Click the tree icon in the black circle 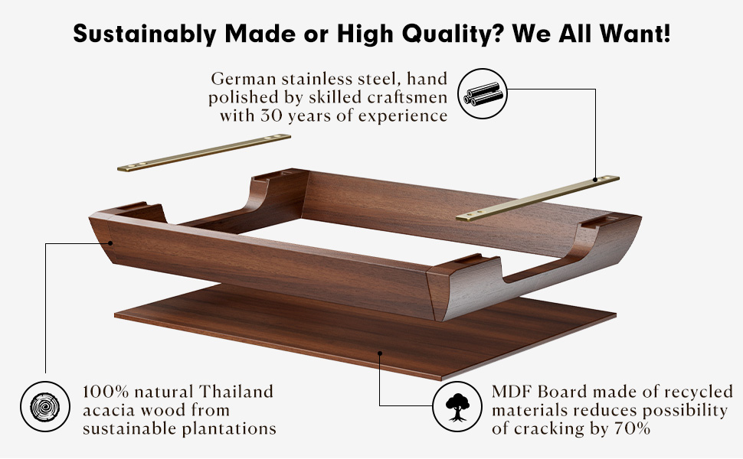click(x=457, y=406)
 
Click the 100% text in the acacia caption click(x=105, y=392)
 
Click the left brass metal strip click(x=204, y=153)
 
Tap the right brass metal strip click(x=538, y=197)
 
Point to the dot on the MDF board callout click(x=381, y=353)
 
